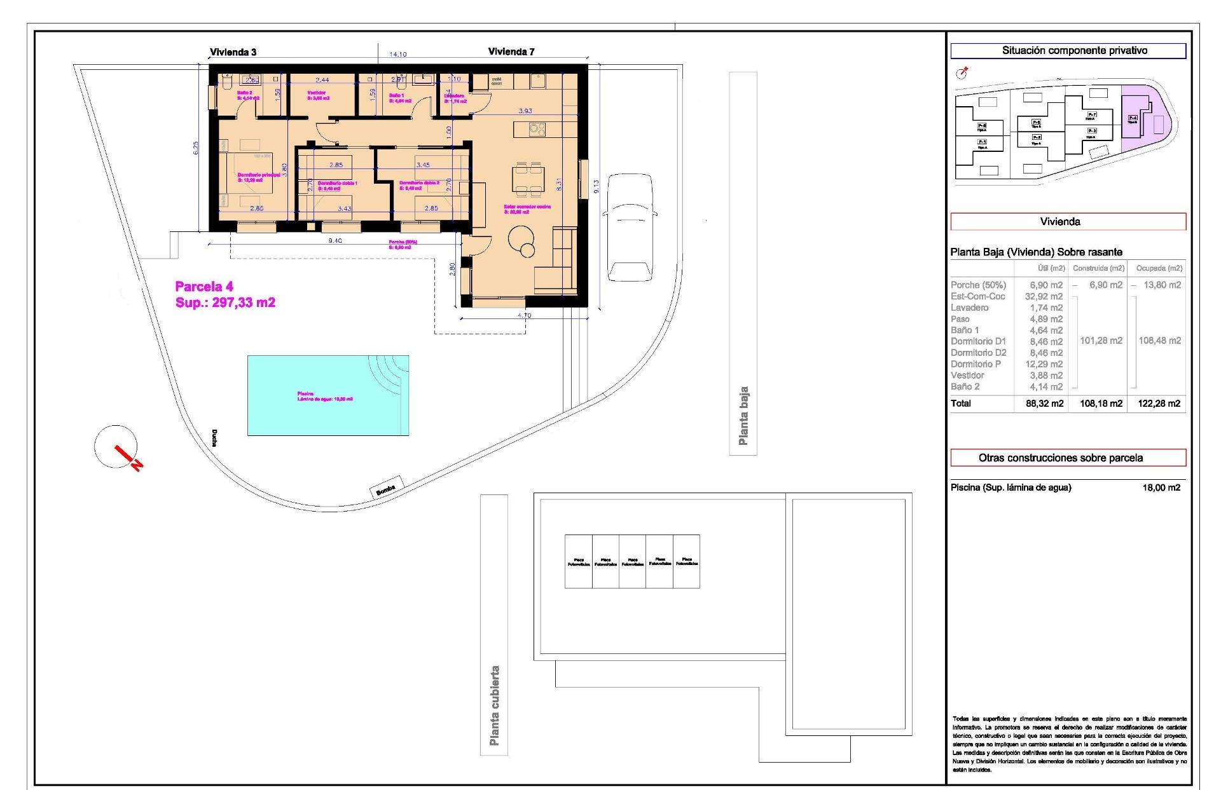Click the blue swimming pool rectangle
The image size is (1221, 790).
click(328, 395)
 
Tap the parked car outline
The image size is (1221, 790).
click(629, 227)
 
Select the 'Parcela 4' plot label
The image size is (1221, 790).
click(204, 287)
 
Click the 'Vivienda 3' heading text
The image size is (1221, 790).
click(233, 52)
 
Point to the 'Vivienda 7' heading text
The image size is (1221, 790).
click(511, 52)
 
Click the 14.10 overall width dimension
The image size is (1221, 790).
click(397, 55)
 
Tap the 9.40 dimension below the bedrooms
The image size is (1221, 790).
click(335, 241)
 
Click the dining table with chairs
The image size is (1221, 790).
click(529, 179)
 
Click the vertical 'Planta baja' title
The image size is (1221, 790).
click(743, 416)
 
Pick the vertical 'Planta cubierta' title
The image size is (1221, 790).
click(494, 705)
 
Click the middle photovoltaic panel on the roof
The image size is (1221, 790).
click(632, 561)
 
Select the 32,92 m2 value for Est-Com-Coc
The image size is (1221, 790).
click(1044, 297)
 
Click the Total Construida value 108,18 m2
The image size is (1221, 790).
click(1101, 404)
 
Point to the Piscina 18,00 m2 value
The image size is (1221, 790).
click(1161, 488)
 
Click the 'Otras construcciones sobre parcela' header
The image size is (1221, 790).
click(1068, 458)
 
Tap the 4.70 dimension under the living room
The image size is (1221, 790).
click(525, 316)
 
